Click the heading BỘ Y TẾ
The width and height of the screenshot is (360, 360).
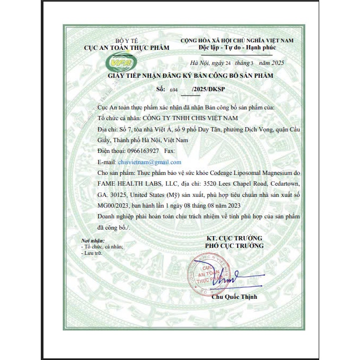pyautogui.click(x=127, y=41)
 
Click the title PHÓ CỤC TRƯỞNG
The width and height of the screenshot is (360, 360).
pyautogui.click(x=234, y=245)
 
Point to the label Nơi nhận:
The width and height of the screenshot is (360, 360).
pyautogui.click(x=93, y=241)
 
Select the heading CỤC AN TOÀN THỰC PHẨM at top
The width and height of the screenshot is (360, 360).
pyautogui.click(x=127, y=48)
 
